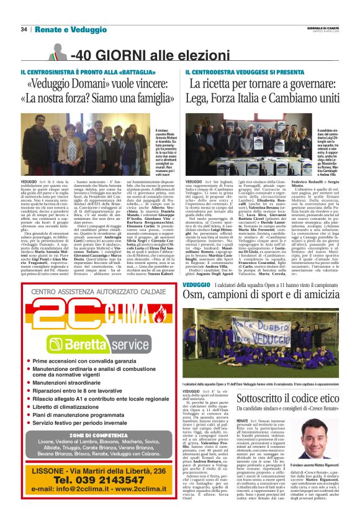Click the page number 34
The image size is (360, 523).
[24, 29]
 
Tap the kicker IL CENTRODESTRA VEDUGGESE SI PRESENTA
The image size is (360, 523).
[236, 72]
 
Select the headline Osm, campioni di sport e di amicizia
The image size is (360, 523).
[264, 294]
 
